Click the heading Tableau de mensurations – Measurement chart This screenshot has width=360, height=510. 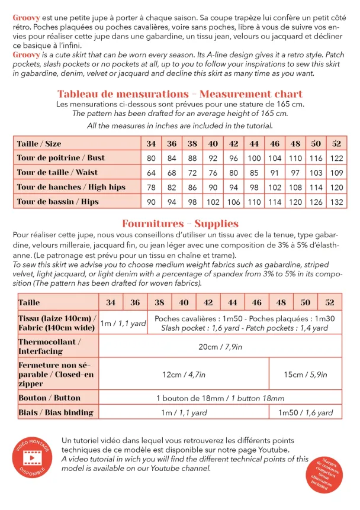180,94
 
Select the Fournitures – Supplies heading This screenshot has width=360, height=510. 180,224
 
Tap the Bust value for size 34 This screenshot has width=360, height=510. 151,158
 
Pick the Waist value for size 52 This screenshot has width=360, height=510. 337,173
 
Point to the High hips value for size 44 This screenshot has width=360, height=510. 254,187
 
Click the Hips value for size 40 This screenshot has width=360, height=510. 213,202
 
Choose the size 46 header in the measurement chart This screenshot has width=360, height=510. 275,144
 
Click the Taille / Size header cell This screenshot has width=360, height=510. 39,144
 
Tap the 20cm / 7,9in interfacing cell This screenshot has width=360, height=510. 220,347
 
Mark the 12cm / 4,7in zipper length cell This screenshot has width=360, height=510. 184,374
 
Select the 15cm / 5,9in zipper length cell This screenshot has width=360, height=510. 306,374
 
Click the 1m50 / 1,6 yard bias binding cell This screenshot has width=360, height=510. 306,412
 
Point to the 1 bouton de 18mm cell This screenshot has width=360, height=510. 220,398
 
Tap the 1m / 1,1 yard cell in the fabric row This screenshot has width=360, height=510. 123,323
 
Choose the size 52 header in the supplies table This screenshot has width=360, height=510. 330,302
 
